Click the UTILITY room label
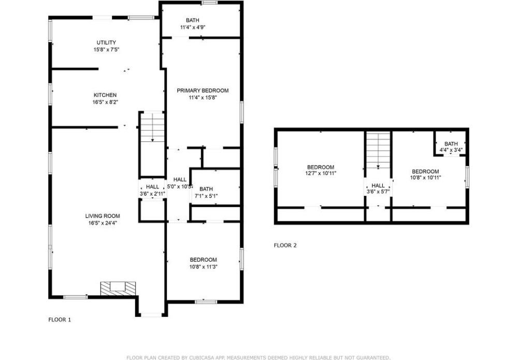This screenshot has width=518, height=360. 106,42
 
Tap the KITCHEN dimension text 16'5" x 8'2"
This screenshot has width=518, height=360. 105,102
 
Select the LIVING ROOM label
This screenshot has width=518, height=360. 103,216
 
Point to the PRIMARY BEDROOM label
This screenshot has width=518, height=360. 203,91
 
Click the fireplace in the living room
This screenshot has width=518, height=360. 118,289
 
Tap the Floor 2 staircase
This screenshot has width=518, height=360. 378,151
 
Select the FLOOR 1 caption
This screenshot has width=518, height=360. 60,320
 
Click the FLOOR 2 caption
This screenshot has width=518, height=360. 285,246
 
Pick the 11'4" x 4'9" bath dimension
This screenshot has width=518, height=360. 193,27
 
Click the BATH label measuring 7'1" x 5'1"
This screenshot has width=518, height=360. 206,189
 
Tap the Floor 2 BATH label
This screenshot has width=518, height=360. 451,143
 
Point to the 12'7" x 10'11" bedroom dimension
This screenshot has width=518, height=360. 321,173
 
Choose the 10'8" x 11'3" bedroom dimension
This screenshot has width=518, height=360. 203,267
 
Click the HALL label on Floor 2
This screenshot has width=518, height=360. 378,185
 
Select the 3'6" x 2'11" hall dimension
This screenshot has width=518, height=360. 153,194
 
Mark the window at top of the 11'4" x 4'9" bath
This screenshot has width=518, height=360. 210,3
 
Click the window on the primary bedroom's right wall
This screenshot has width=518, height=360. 242,112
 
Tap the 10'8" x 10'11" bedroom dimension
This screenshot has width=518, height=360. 425,178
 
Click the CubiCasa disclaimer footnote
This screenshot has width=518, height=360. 258,358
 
